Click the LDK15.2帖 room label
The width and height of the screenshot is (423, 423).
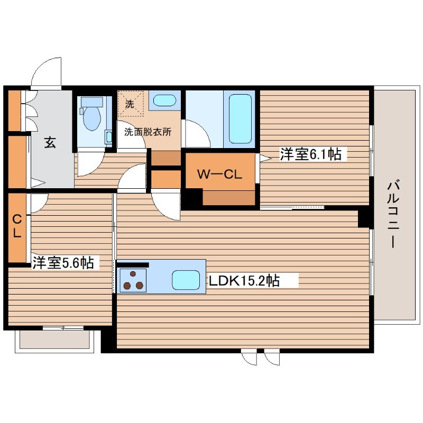[x=244, y=281]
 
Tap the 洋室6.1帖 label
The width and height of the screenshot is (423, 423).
[x=310, y=154]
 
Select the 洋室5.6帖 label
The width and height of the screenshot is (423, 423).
[x=63, y=262]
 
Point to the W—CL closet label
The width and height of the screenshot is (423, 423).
[x=219, y=174]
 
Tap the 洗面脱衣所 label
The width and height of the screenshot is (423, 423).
[x=148, y=132]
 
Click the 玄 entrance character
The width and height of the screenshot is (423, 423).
[x=50, y=142]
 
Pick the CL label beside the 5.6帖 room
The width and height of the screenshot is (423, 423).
[x=17, y=226]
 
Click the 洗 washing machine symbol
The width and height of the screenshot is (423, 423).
[x=130, y=104]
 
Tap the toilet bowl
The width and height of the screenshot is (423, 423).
[x=92, y=117]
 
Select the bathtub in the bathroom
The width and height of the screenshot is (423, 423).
[x=240, y=119]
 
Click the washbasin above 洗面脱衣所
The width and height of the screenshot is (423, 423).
[x=164, y=100]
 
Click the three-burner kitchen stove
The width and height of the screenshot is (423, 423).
[x=133, y=281]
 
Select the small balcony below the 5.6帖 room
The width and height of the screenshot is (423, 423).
[x=54, y=339]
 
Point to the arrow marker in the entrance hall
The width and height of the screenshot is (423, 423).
[x=36, y=182]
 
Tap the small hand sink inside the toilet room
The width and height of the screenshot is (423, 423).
[x=109, y=137]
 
